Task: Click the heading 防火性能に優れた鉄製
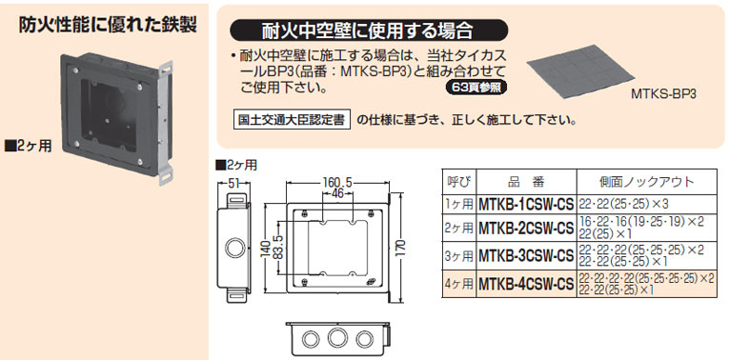(108, 26)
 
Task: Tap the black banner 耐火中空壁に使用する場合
(369, 31)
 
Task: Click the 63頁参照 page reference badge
(476, 88)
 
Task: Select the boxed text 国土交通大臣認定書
(291, 121)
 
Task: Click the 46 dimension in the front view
(337, 194)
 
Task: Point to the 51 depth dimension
(234, 183)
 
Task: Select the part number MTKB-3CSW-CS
(526, 255)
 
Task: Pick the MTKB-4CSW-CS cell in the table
(526, 284)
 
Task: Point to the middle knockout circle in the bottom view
(335, 337)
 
